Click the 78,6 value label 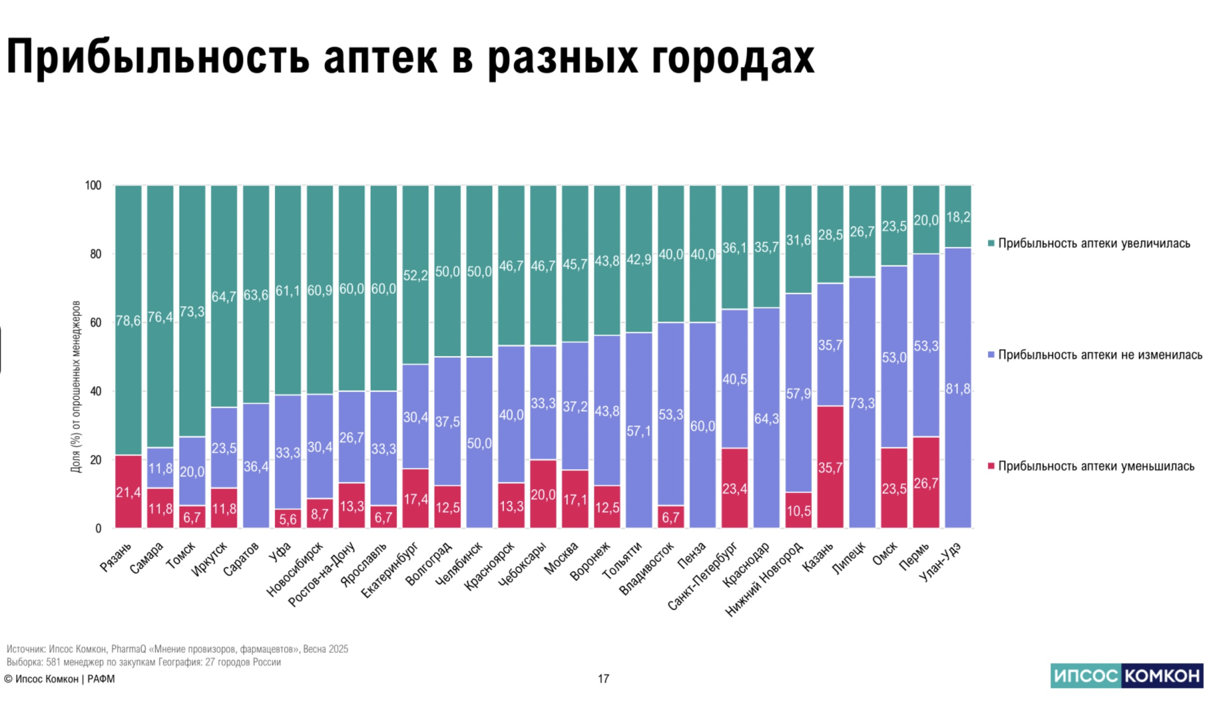pos(128,321)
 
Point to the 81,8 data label pos(958,389)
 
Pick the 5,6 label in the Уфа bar pos(288,520)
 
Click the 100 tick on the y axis pos(93,185)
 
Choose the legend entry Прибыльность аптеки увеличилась pos(1093,243)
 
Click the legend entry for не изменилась pos(1100,355)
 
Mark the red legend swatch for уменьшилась pos(991,467)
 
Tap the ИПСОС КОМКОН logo pos(1127,675)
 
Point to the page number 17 pos(603,679)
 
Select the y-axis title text pos(75,386)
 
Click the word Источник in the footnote pos(25,649)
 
